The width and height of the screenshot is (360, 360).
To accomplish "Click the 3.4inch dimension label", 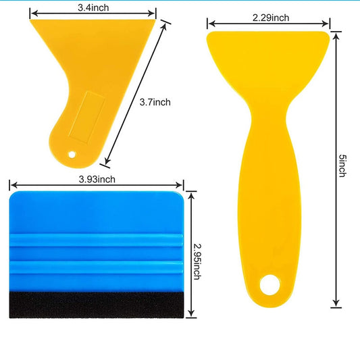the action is click(x=93, y=7).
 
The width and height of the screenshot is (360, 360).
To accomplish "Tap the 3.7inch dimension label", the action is click(x=155, y=102).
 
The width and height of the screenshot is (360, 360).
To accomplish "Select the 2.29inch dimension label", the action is click(x=271, y=18).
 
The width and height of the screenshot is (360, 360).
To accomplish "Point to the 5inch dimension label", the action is click(x=342, y=165).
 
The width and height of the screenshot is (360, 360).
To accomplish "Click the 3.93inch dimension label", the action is click(x=97, y=179).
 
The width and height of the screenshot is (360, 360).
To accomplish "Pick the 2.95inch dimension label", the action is click(x=197, y=261).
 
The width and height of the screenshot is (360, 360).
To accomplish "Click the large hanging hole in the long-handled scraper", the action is click(x=269, y=285).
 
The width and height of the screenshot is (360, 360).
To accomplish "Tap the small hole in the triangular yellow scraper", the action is click(x=72, y=155).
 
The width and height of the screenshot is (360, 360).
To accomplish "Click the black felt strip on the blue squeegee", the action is click(x=97, y=305).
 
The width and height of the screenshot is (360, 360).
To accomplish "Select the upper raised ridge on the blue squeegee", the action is click(x=97, y=240).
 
